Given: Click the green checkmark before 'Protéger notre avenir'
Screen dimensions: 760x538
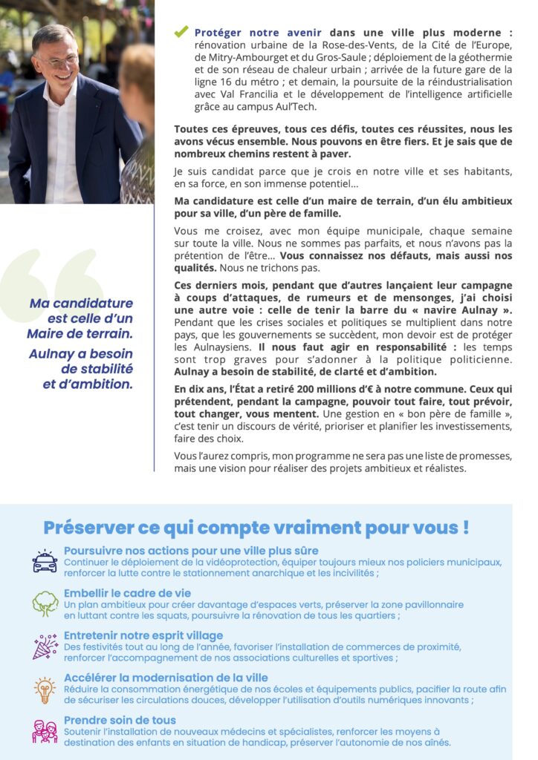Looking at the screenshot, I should (x=181, y=32).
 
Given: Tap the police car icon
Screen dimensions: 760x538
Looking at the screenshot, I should (x=45, y=562).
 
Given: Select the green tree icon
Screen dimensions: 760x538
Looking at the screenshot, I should (x=45, y=603).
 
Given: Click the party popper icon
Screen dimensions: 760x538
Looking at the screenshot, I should (x=45, y=646).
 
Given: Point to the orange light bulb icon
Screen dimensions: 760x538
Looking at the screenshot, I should (x=45, y=689).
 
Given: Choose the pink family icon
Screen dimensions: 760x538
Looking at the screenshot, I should (x=45, y=731).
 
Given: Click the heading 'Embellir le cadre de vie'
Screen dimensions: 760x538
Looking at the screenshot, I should (x=127, y=593).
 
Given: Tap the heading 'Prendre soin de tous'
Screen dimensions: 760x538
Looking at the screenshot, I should (x=120, y=720).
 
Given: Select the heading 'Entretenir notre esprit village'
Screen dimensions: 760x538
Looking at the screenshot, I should (x=143, y=635).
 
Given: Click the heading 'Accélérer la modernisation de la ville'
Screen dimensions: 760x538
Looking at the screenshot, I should (x=166, y=678).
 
